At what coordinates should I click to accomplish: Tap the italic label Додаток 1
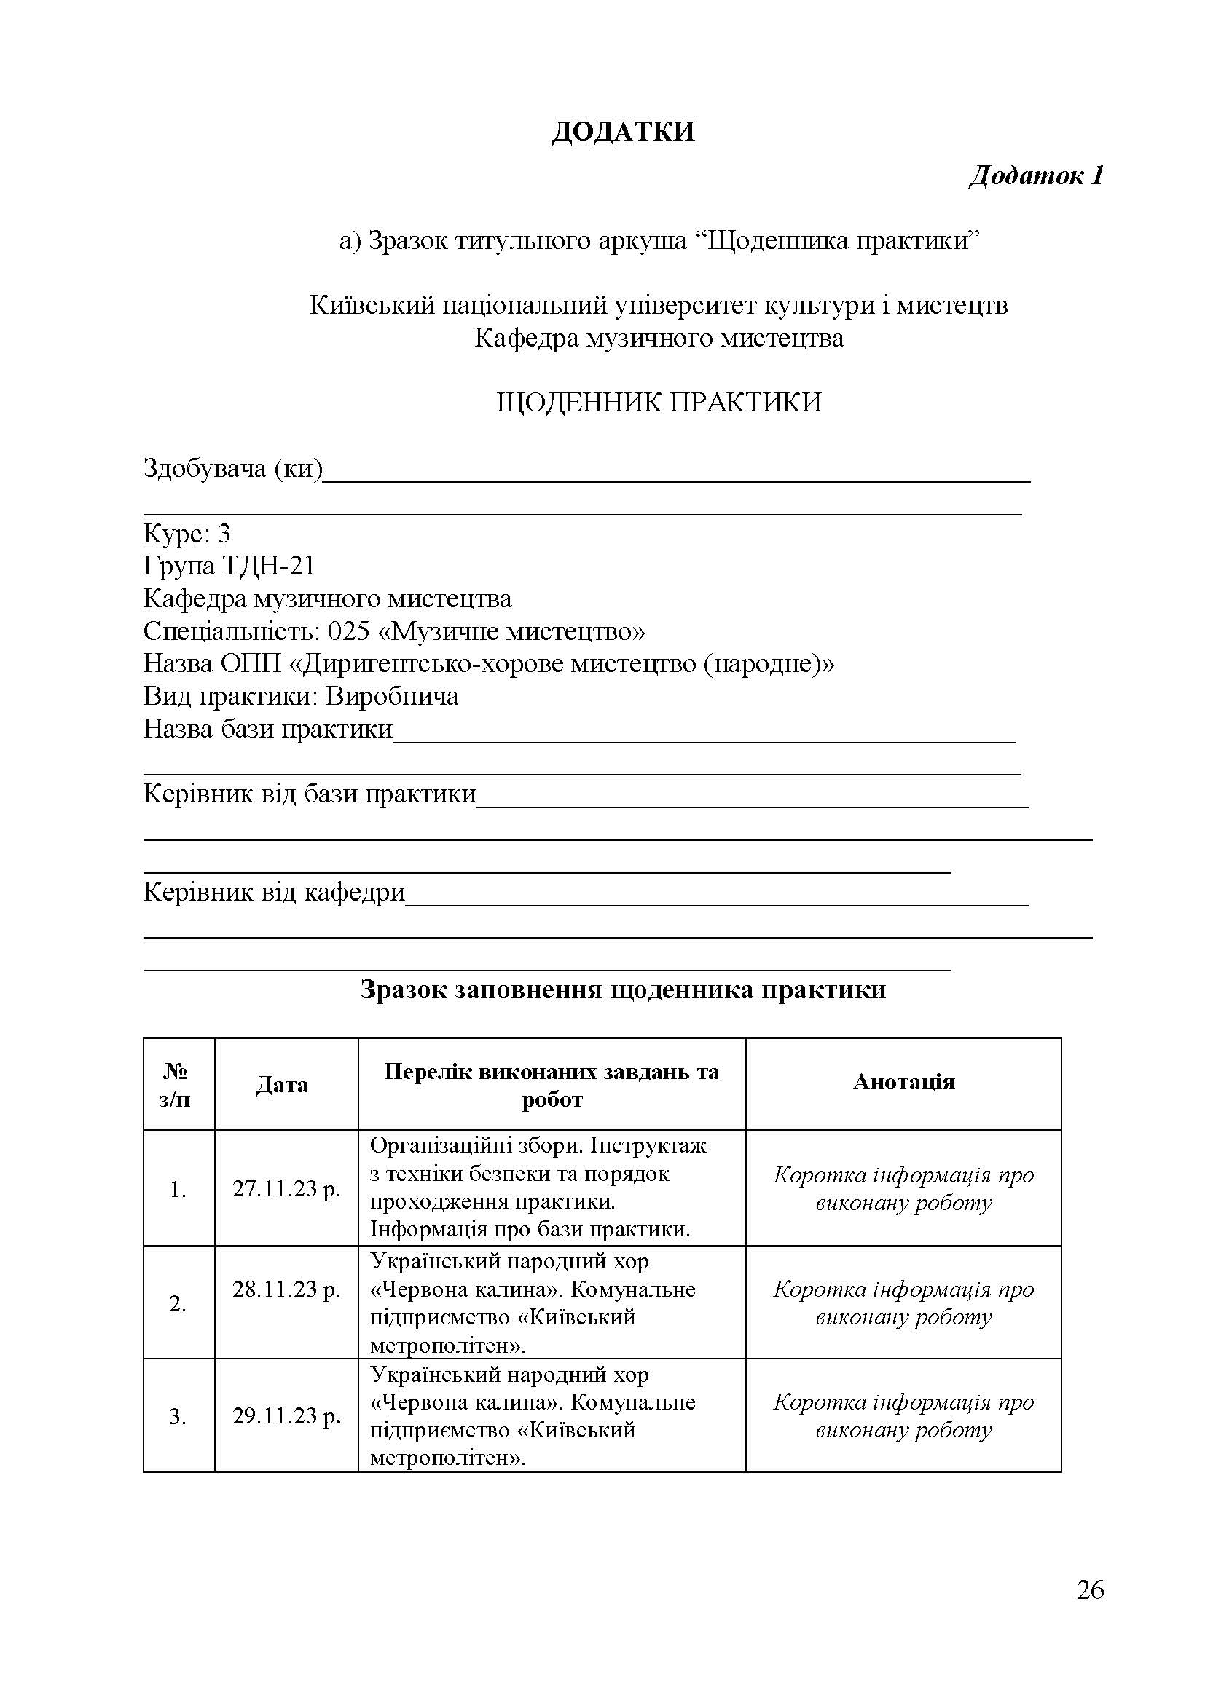1036,175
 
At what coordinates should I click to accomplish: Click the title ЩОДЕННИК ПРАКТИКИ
658,403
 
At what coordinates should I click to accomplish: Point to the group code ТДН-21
269,566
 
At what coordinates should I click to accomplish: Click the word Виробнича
392,696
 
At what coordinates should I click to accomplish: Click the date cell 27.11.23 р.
286,1189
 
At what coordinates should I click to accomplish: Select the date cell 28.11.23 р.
286,1290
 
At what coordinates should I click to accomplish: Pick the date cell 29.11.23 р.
286,1416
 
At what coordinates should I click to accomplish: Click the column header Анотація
903,1082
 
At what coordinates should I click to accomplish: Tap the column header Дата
282,1085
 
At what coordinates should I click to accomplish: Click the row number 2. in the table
177,1303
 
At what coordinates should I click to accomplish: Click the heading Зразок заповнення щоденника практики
624,990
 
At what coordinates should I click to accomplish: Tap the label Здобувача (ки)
233,468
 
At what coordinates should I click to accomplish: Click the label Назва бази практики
267,728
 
